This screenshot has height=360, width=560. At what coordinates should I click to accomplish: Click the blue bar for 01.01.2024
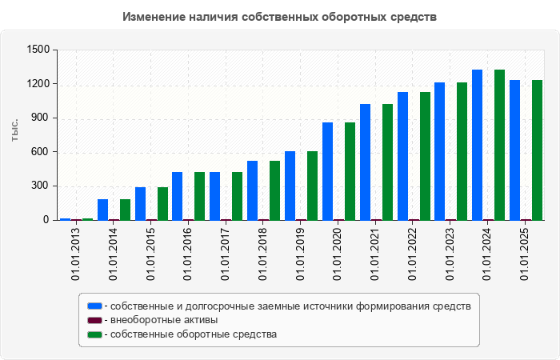click(x=477, y=145)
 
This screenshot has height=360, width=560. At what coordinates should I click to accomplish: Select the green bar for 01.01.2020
click(x=350, y=171)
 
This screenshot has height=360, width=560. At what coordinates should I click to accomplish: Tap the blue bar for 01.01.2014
click(x=102, y=210)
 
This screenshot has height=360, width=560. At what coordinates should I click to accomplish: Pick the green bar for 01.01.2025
click(x=537, y=150)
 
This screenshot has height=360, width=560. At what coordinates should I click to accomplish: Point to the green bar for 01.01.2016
click(x=199, y=196)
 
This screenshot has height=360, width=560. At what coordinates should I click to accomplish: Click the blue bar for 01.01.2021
click(x=365, y=162)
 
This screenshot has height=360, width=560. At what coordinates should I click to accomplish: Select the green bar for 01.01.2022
click(x=425, y=156)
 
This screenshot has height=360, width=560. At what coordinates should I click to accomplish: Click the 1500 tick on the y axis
click(x=38, y=50)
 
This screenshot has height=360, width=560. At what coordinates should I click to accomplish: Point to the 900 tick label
click(x=41, y=118)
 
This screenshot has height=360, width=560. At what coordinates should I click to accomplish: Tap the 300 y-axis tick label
click(x=41, y=186)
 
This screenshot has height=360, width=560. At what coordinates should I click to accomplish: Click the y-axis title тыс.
click(x=14, y=130)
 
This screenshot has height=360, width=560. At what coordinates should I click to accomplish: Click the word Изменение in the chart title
click(x=156, y=17)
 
